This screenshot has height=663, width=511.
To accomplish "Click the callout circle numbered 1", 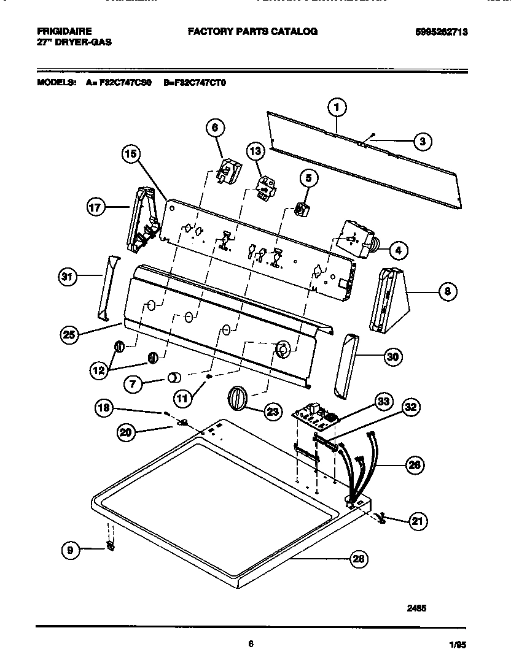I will [x=335, y=108].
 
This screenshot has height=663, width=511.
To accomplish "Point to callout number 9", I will [x=71, y=551].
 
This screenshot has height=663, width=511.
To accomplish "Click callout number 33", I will [x=384, y=401].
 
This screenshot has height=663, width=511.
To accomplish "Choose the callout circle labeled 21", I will [x=418, y=521].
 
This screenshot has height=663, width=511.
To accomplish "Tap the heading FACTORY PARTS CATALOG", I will [x=252, y=31].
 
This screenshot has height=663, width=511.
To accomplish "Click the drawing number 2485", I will [x=416, y=608].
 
